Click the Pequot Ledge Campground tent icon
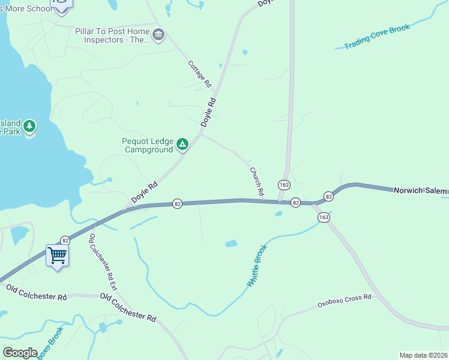pos(182,145)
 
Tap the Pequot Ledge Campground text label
pos(148,145)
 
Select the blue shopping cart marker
pos(58,256)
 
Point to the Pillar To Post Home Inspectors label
pos(112,35)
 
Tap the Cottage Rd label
pos(200,73)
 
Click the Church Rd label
pos(257,181)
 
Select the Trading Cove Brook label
pos(377,37)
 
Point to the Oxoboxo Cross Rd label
pos(344,301)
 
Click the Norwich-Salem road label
pos(420,191)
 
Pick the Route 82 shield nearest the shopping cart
pos(65,240)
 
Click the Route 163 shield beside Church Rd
pos(283,184)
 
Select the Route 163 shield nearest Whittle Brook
pos(324,217)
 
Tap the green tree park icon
pos(29,126)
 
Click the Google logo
pos(20,353)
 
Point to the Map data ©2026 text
pos(423,355)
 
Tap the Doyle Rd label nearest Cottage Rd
pos(208,112)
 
